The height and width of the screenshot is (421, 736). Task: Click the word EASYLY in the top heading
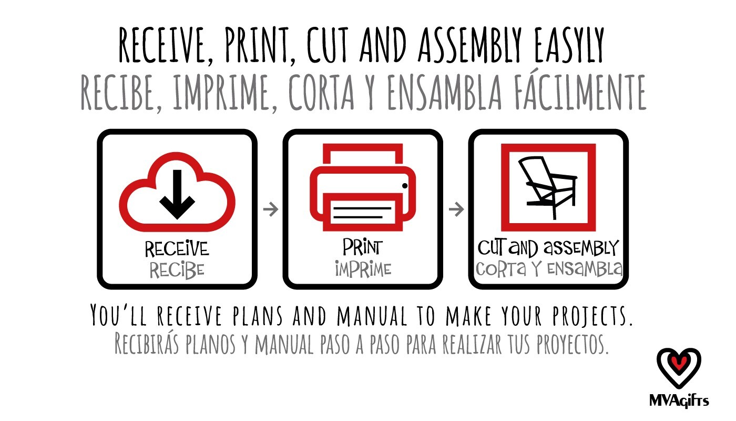[569, 45]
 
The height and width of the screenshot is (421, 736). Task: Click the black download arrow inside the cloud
[177, 194]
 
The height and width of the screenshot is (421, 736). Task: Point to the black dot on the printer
[405, 185]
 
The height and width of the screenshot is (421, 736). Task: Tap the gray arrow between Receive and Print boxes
[270, 209]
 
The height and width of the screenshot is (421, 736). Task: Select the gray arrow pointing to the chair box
[456, 209]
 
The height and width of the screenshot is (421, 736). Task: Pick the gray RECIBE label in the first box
[177, 270]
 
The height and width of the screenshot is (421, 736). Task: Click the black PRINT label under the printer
[362, 247]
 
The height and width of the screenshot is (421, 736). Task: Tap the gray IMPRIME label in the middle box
[363, 269]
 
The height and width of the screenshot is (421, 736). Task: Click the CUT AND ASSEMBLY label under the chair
[548, 248]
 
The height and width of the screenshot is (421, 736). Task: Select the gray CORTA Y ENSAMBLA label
[549, 269]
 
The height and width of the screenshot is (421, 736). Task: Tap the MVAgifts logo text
[679, 401]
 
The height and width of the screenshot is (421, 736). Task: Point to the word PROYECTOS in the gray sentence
[573, 344]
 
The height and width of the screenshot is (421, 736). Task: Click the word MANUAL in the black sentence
[372, 316]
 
